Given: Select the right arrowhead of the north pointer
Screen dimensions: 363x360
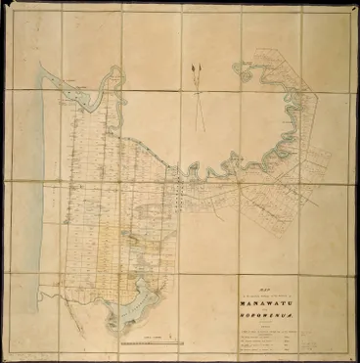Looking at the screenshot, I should [x=205, y=68].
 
